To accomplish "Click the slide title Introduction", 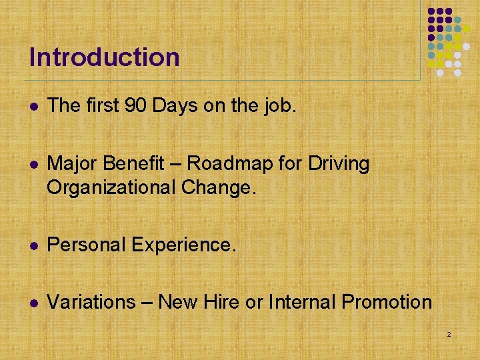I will click(105, 57).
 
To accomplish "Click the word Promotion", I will click(387, 302).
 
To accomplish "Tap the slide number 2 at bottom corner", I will click(449, 333).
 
